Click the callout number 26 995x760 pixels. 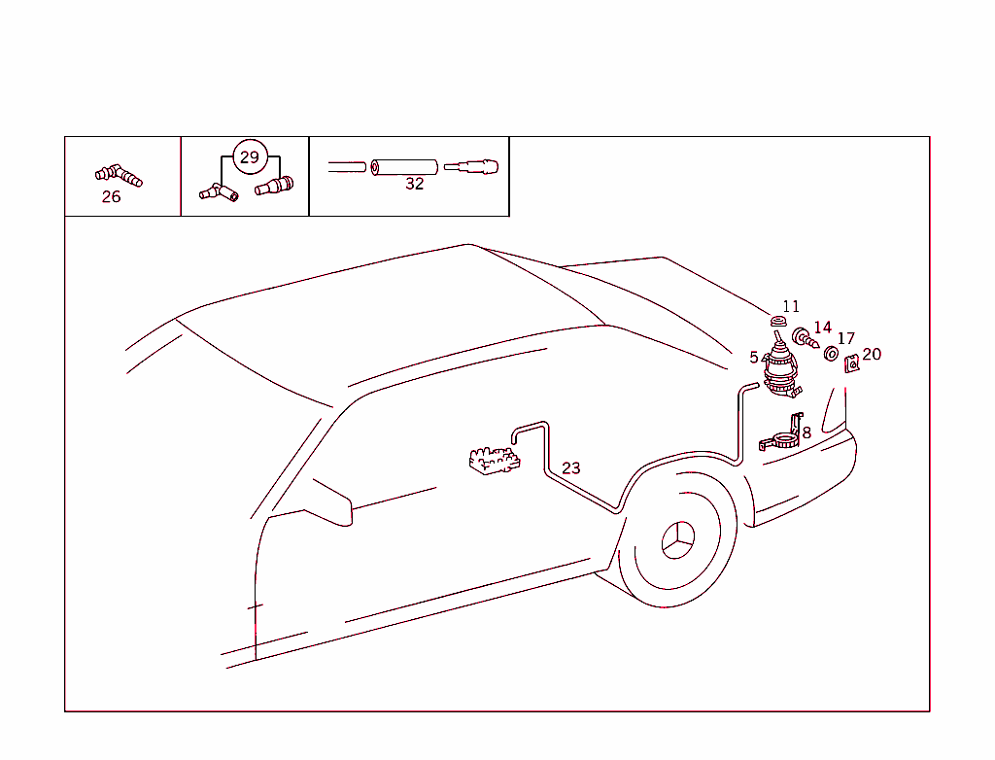point(111,197)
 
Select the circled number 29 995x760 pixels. point(250,156)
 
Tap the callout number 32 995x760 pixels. point(414,184)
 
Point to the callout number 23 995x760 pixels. point(571,467)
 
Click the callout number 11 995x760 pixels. point(791,306)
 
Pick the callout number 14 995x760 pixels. point(822,327)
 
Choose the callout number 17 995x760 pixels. point(846,338)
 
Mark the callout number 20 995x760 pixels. point(872,354)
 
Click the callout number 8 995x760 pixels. point(806,433)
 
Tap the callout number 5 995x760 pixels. point(754,358)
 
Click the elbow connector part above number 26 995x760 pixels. point(119,175)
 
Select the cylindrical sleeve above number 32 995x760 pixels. point(404,167)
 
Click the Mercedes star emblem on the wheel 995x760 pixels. point(677,540)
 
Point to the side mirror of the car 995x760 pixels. point(330,504)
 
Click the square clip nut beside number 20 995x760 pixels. point(851,363)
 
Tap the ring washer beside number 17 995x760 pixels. point(831,354)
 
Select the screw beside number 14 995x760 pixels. point(806,338)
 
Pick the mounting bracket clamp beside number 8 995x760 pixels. point(782,434)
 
